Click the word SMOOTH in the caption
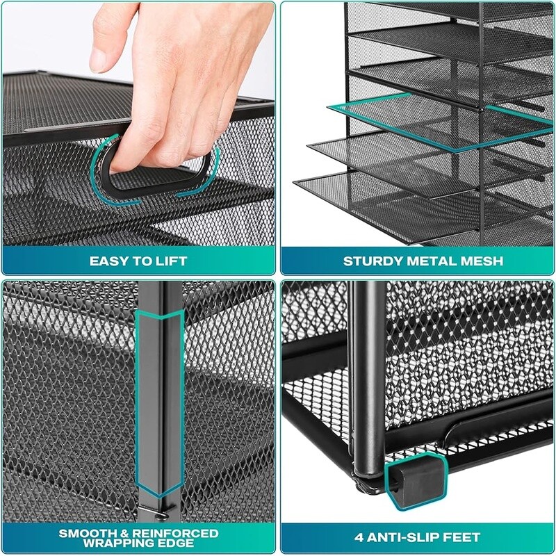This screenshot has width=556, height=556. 84,533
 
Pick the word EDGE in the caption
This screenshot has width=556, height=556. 179,543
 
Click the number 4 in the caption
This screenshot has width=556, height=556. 359,537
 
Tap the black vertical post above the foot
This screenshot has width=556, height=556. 369,379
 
